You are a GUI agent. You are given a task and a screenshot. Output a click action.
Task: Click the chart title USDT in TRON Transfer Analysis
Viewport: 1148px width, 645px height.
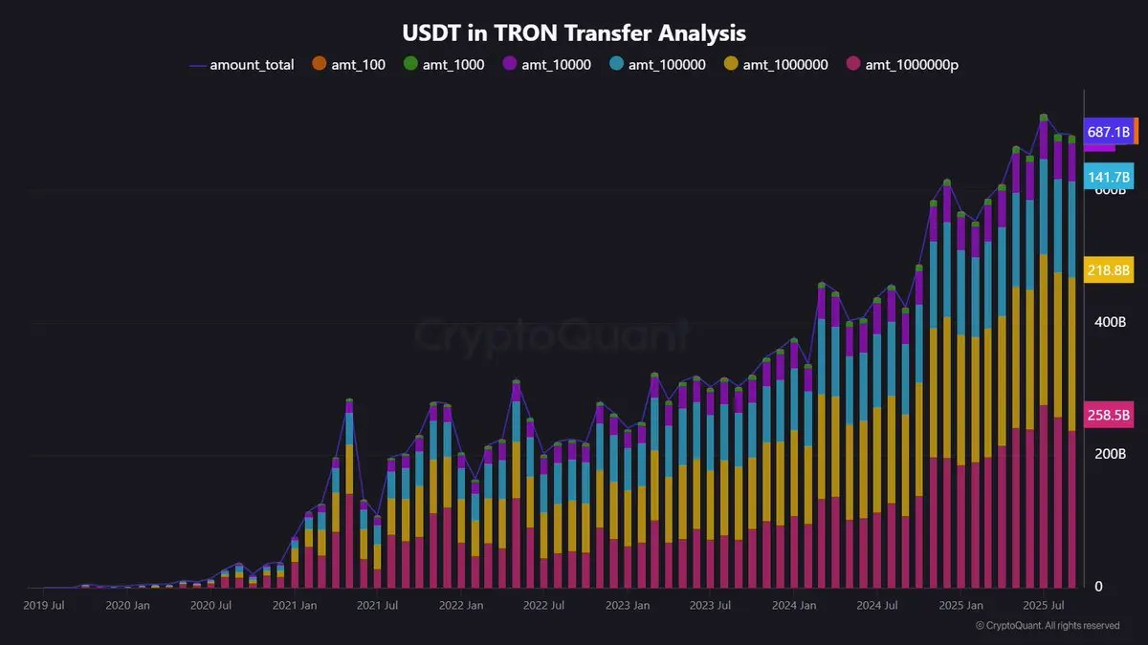coord(573,32)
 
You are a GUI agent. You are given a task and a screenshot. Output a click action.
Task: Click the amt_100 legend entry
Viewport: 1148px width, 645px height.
coord(348,65)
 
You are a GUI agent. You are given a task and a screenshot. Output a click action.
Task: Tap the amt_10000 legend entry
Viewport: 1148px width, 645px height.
coord(547,65)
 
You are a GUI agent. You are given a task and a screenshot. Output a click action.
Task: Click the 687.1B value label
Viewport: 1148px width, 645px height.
coord(1109,132)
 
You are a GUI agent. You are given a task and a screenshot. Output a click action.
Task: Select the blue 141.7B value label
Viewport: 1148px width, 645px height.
coord(1109,177)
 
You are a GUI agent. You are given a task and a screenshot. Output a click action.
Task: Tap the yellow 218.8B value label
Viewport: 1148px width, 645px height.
coord(1109,270)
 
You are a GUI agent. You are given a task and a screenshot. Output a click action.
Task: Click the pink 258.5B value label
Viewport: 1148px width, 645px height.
coord(1109,416)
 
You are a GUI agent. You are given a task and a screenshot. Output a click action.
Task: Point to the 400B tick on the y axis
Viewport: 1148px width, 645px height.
coord(1111,322)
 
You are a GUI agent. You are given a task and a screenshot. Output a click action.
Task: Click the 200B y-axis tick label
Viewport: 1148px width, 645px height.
coord(1111,454)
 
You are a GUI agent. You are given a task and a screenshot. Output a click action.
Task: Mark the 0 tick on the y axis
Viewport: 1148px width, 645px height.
coord(1098,586)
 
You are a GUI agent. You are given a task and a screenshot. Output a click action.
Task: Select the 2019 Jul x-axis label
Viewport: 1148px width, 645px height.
coord(44,605)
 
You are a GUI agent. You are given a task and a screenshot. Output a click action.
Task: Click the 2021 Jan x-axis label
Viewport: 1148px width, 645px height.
coord(296,605)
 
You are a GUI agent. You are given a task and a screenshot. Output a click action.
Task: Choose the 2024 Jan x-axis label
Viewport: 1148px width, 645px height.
coord(795,605)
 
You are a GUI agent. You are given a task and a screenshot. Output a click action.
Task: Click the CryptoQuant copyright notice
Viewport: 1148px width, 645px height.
coord(1047,626)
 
